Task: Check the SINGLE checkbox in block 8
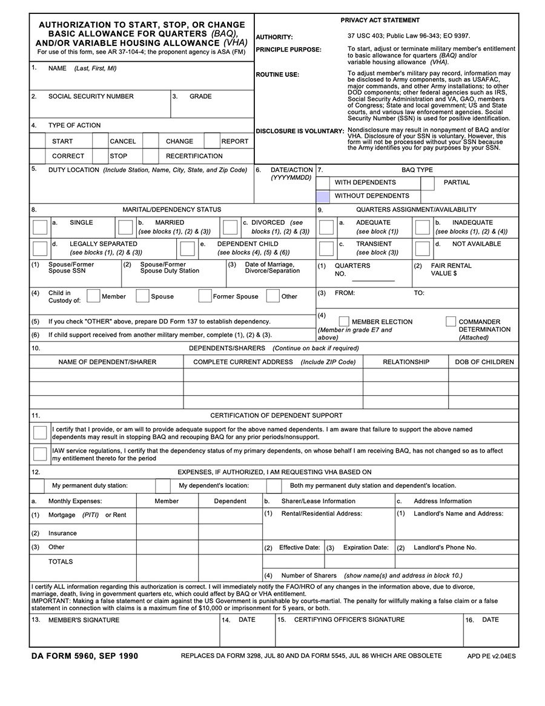click(x=40, y=227)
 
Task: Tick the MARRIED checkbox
click(x=125, y=227)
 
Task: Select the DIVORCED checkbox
click(x=230, y=227)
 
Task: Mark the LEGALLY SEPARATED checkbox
click(x=40, y=248)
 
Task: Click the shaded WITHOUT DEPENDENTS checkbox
click(x=323, y=196)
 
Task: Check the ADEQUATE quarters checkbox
click(x=326, y=227)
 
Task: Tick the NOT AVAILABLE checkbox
click(x=422, y=248)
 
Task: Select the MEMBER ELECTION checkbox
click(x=344, y=321)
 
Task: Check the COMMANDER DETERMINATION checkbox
click(x=451, y=321)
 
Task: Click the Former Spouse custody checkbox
click(x=205, y=296)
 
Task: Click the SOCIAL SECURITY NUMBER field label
click(x=91, y=96)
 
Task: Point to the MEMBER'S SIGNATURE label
click(x=84, y=620)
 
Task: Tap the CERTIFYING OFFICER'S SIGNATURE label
click(x=349, y=620)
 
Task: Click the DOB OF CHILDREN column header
click(x=484, y=362)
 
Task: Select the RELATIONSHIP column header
click(x=406, y=362)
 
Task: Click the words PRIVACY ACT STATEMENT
click(x=380, y=21)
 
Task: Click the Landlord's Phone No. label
click(x=444, y=547)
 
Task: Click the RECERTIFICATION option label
click(x=194, y=156)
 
